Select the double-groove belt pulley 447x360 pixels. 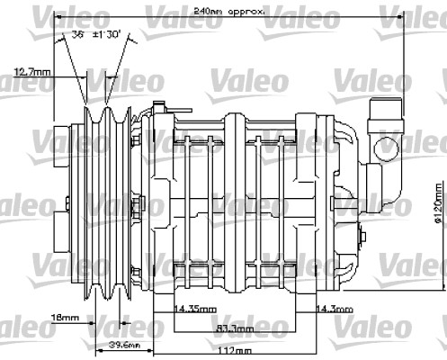[x=111, y=193]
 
